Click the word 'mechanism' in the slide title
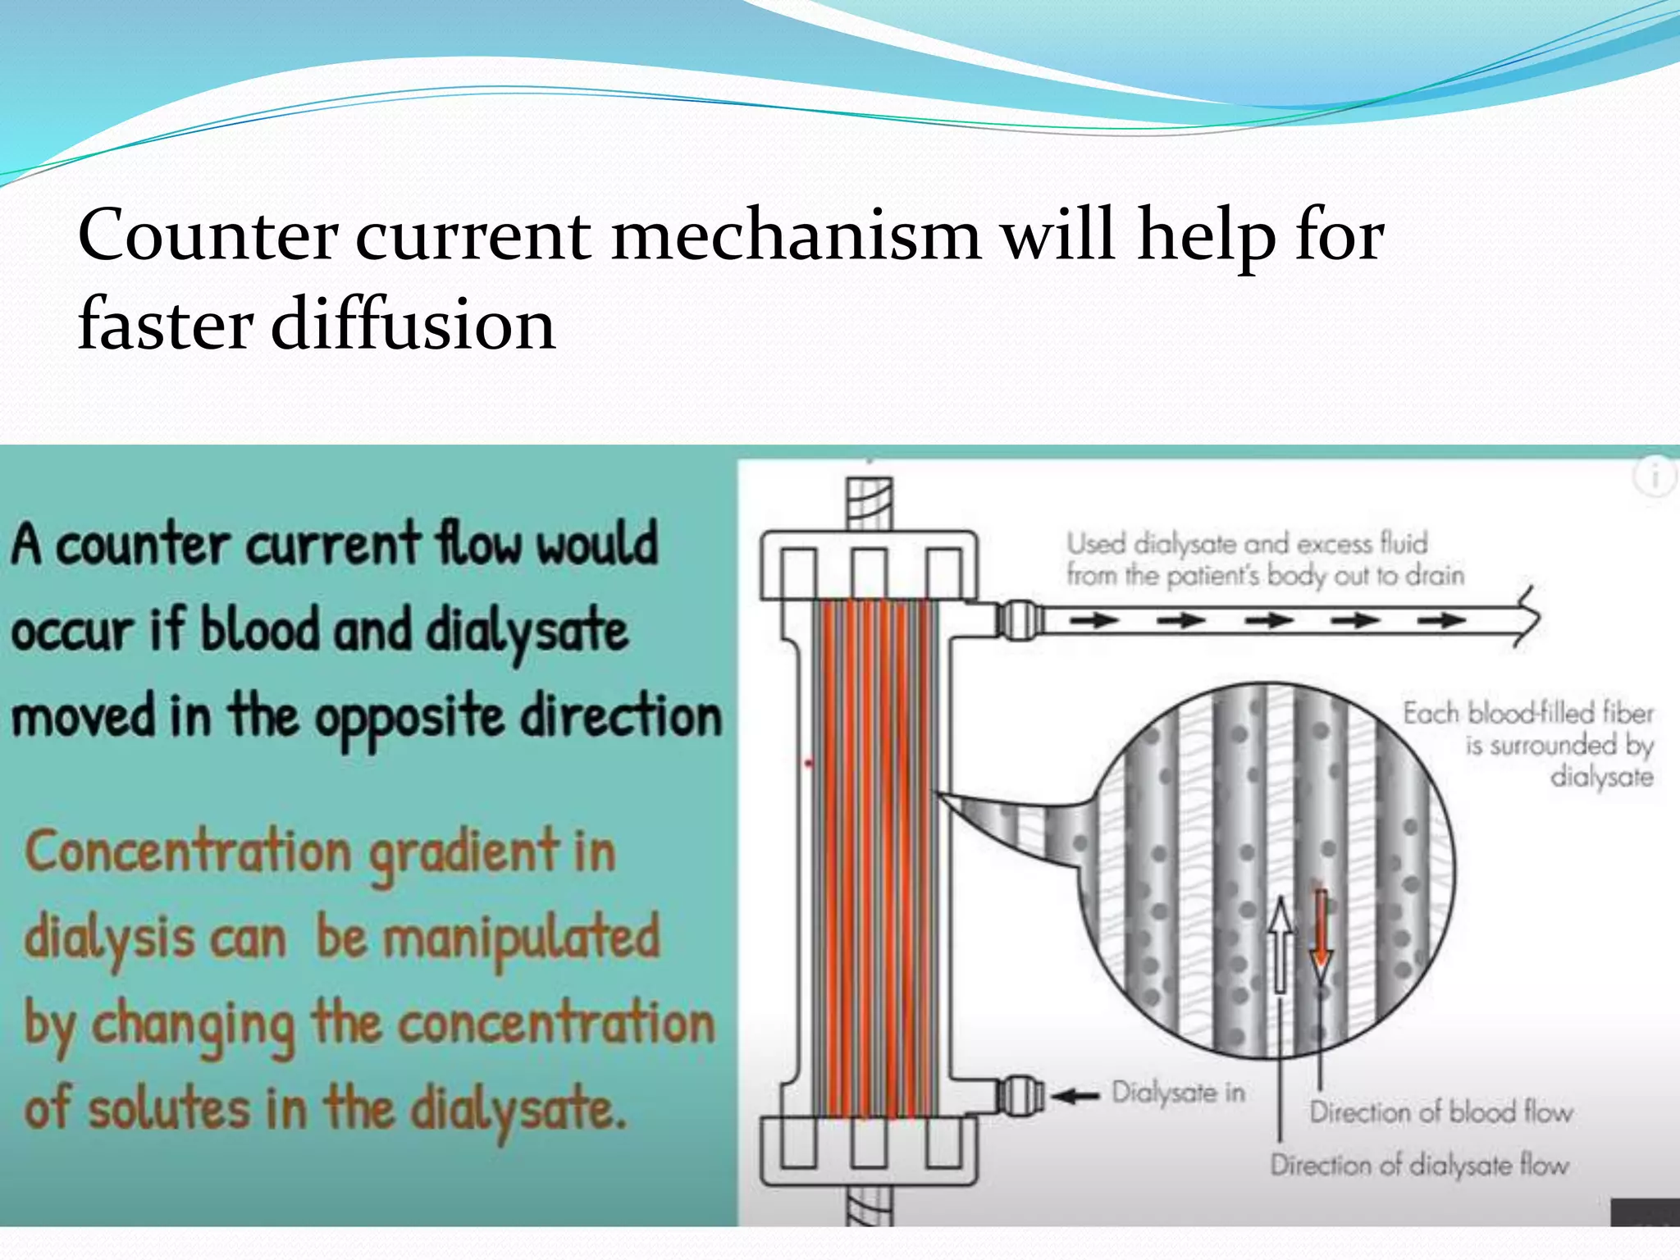coord(795,236)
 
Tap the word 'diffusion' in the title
coord(413,325)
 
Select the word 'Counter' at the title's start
coord(207,236)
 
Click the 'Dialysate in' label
coord(1178,1093)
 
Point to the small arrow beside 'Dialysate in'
coord(1075,1096)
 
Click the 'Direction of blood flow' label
coord(1440,1112)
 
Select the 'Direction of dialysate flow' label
coord(1419,1165)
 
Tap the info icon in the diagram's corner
coord(1655,476)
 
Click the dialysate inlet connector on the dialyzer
coord(1017,1094)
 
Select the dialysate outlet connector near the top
coord(1017,620)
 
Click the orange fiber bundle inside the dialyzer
coord(874,853)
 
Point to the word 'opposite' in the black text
coord(410,717)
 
